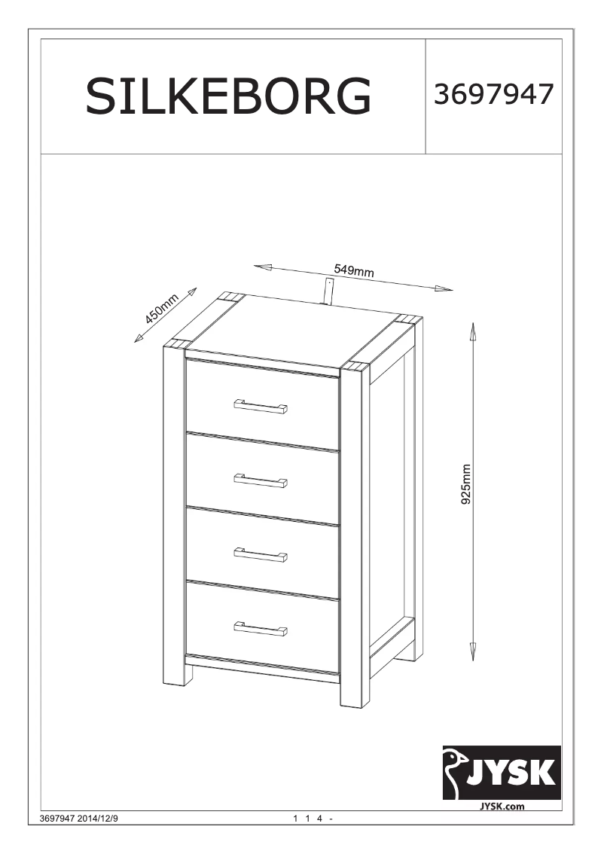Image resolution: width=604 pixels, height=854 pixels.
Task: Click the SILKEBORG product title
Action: coord(228,96)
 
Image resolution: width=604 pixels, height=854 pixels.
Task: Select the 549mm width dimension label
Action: coord(354,270)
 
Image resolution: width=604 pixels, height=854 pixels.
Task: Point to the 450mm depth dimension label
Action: coord(161,308)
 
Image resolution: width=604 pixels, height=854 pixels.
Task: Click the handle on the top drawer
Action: coord(260,407)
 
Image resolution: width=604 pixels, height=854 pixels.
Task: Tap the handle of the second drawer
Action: coord(260,480)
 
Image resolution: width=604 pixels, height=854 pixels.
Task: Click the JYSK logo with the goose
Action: coord(501,772)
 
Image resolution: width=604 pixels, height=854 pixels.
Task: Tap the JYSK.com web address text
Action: coord(502,806)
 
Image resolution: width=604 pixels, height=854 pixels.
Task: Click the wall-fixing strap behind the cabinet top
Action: coord(329,291)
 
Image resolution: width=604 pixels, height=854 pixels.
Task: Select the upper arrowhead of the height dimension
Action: coord(473,328)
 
